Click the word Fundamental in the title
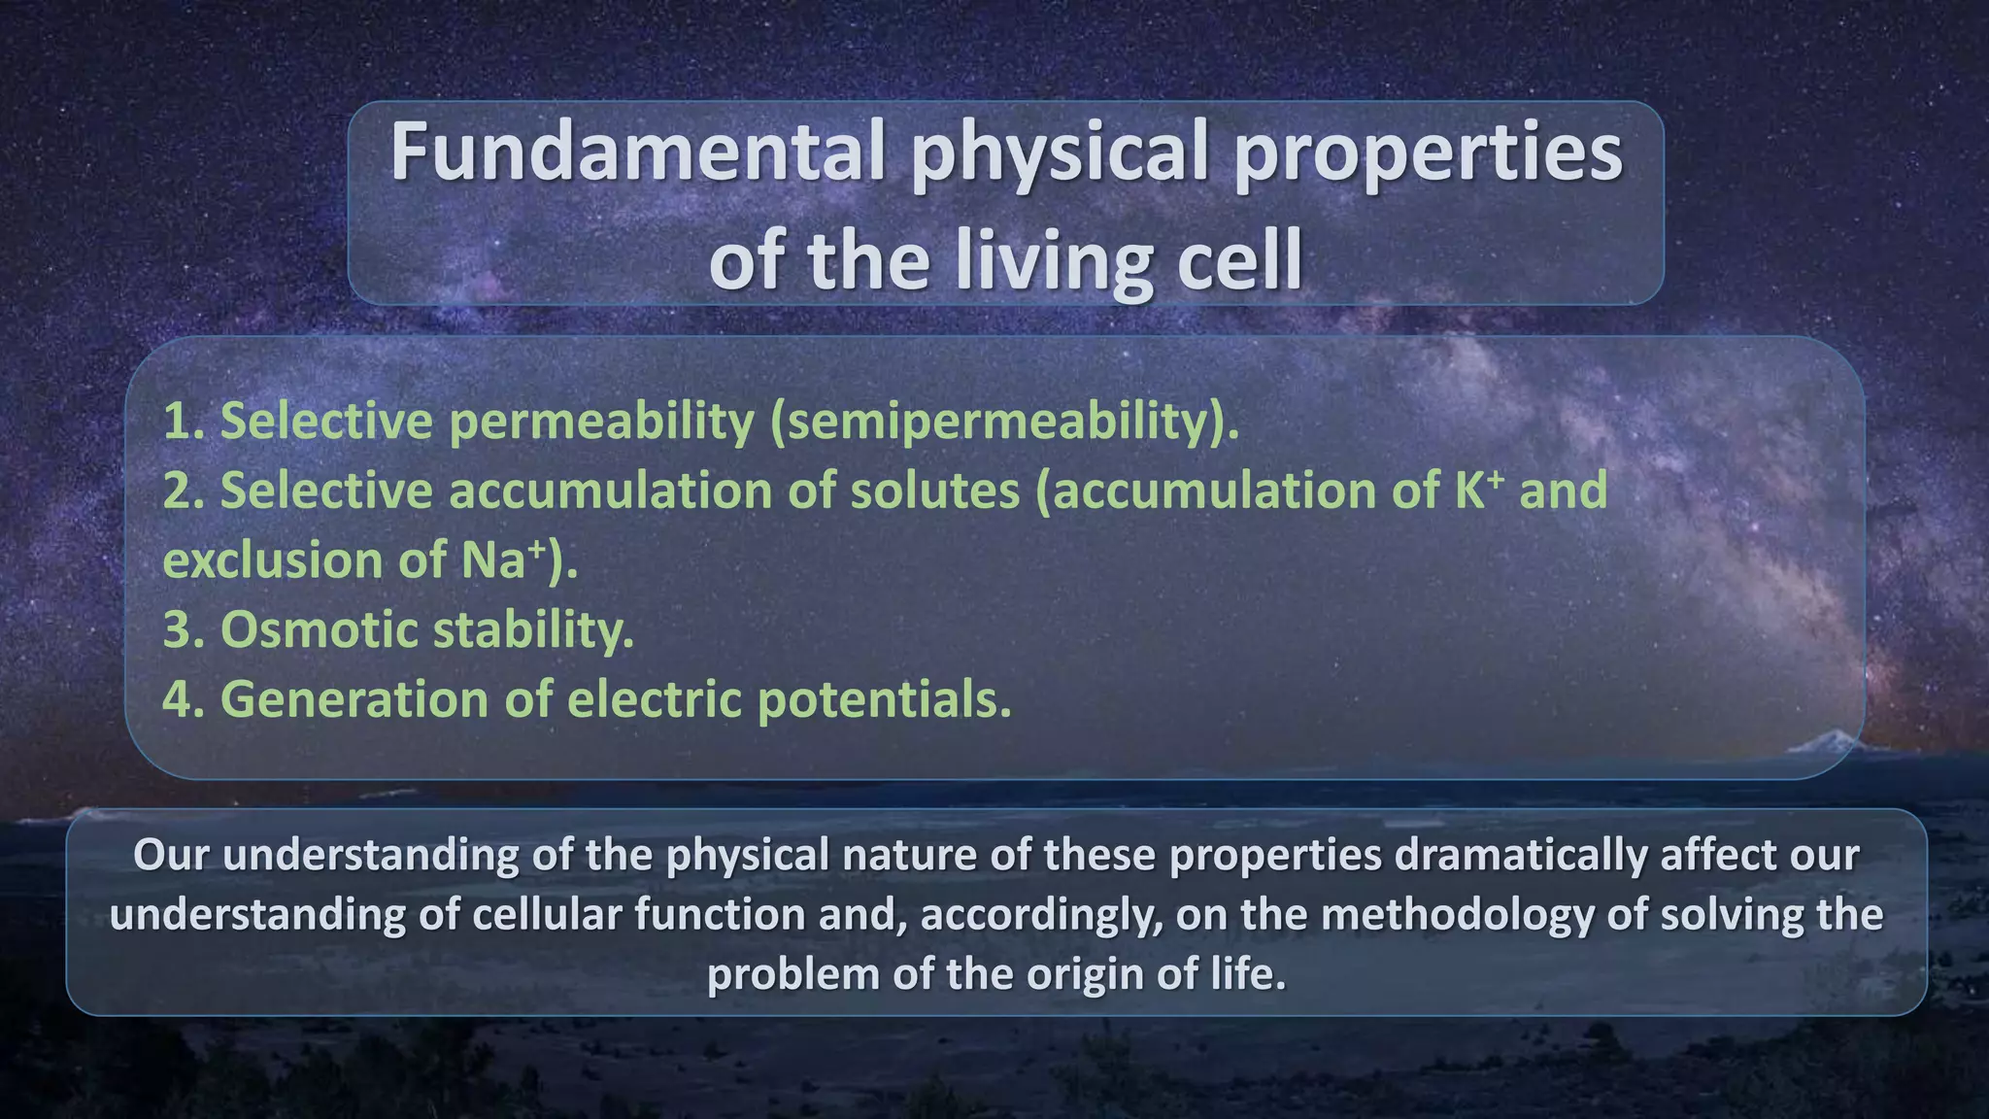pos(636,152)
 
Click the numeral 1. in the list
pos(183,421)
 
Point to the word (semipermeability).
pos(1005,421)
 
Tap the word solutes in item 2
pos(934,490)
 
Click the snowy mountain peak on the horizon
pos(1814,743)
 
